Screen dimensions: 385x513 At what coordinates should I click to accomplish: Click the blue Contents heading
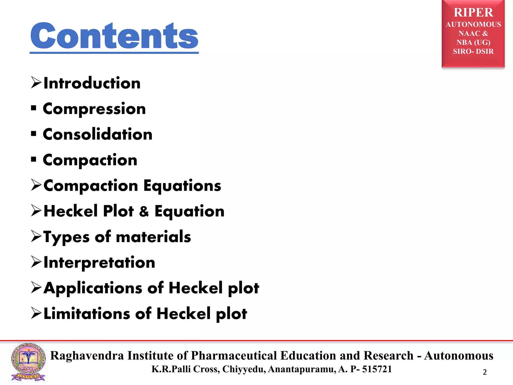[114, 36]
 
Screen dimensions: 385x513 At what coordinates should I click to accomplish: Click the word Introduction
[92, 83]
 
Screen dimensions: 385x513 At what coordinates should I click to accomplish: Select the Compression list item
[94, 109]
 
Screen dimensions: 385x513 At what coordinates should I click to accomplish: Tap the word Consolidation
[97, 135]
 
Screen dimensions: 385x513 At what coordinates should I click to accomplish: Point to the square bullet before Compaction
[34, 159]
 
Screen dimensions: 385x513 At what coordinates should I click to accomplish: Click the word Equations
[182, 186]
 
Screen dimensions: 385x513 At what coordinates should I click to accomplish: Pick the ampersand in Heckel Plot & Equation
[144, 211]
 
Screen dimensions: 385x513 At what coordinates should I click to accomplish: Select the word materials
[153, 237]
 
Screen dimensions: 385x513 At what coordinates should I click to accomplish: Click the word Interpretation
[99, 263]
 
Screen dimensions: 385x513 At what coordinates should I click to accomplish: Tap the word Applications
[93, 288]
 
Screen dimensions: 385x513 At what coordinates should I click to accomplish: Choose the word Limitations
[87, 314]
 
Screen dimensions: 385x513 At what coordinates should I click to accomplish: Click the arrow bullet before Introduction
[36, 83]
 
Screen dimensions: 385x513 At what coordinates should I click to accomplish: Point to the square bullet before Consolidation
[34, 134]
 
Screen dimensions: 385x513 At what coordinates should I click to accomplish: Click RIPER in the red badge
[473, 13]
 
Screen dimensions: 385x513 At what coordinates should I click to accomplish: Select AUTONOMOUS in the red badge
[473, 25]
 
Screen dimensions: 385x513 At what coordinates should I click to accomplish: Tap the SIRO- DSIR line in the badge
[473, 51]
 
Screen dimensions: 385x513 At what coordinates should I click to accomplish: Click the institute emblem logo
[28, 362]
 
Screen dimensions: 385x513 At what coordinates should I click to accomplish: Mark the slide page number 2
[485, 372]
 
